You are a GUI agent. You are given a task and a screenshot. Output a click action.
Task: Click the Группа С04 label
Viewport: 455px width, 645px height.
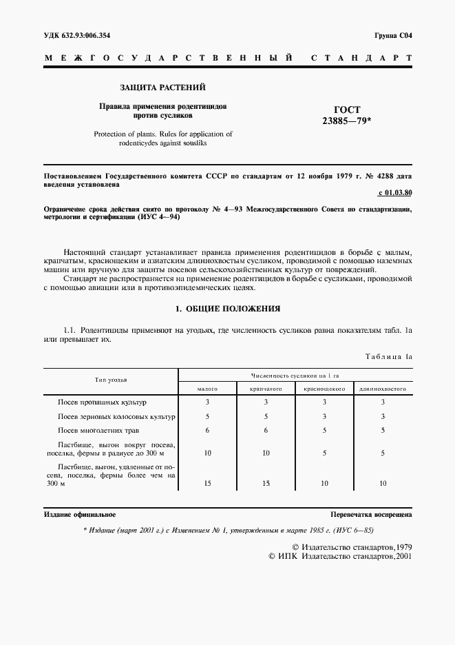pyautogui.click(x=393, y=35)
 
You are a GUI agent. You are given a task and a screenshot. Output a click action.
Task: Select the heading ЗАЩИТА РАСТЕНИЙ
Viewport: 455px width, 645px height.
pyautogui.click(x=162, y=88)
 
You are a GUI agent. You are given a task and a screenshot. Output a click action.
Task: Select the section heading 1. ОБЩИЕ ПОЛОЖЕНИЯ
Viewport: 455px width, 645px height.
pyautogui.click(x=228, y=309)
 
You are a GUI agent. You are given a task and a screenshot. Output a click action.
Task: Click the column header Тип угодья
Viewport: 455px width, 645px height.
pyautogui.click(x=111, y=380)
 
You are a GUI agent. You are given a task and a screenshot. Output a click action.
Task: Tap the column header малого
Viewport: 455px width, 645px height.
pyautogui.click(x=207, y=389)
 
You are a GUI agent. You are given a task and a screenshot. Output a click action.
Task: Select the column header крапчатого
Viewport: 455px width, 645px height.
pyautogui.click(x=266, y=389)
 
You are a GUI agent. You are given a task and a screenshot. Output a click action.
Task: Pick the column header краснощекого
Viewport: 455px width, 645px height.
pyautogui.click(x=324, y=389)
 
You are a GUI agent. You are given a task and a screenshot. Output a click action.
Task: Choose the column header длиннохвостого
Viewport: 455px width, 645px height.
pyautogui.click(x=382, y=389)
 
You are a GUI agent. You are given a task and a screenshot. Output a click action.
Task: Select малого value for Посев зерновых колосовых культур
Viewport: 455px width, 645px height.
pyautogui.click(x=207, y=416)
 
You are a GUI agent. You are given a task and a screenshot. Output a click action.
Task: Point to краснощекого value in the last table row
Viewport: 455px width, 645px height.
pyautogui.click(x=324, y=483)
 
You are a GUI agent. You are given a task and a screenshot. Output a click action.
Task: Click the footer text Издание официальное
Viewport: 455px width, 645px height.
pyautogui.click(x=80, y=515)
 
